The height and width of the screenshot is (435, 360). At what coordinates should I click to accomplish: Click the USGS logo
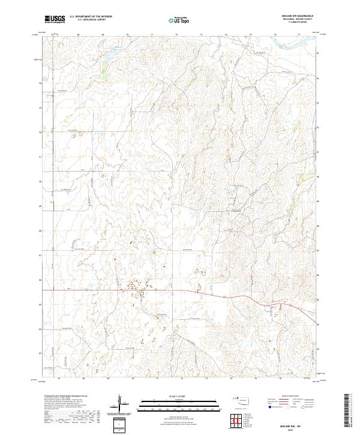[55, 19]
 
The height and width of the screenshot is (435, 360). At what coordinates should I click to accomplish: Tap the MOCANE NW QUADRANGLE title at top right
[296, 16]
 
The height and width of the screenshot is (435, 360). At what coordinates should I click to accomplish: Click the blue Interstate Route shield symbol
[269, 406]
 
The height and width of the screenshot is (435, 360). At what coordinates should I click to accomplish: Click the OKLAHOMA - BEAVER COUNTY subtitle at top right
[296, 20]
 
